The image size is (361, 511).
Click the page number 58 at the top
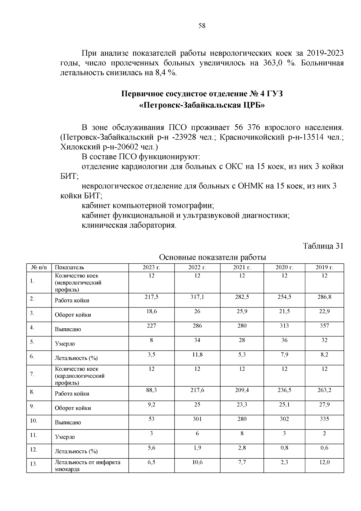point(202,26)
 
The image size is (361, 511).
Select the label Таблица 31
point(323,246)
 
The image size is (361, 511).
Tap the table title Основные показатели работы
point(212,258)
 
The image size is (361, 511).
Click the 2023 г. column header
point(152,267)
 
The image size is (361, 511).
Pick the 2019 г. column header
point(324,267)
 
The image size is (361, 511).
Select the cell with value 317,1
point(197,297)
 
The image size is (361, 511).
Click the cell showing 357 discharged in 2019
point(324,326)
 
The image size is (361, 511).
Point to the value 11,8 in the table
point(197,355)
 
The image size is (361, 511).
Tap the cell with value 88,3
point(152,390)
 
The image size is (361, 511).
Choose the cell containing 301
point(197,419)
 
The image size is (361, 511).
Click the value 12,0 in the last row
point(324,462)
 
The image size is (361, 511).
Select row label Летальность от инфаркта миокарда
point(87,466)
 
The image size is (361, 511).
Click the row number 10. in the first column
point(34,421)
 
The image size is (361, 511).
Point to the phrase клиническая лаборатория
point(129,225)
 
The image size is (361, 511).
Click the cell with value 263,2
point(324,390)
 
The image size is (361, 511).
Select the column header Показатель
point(69,268)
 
